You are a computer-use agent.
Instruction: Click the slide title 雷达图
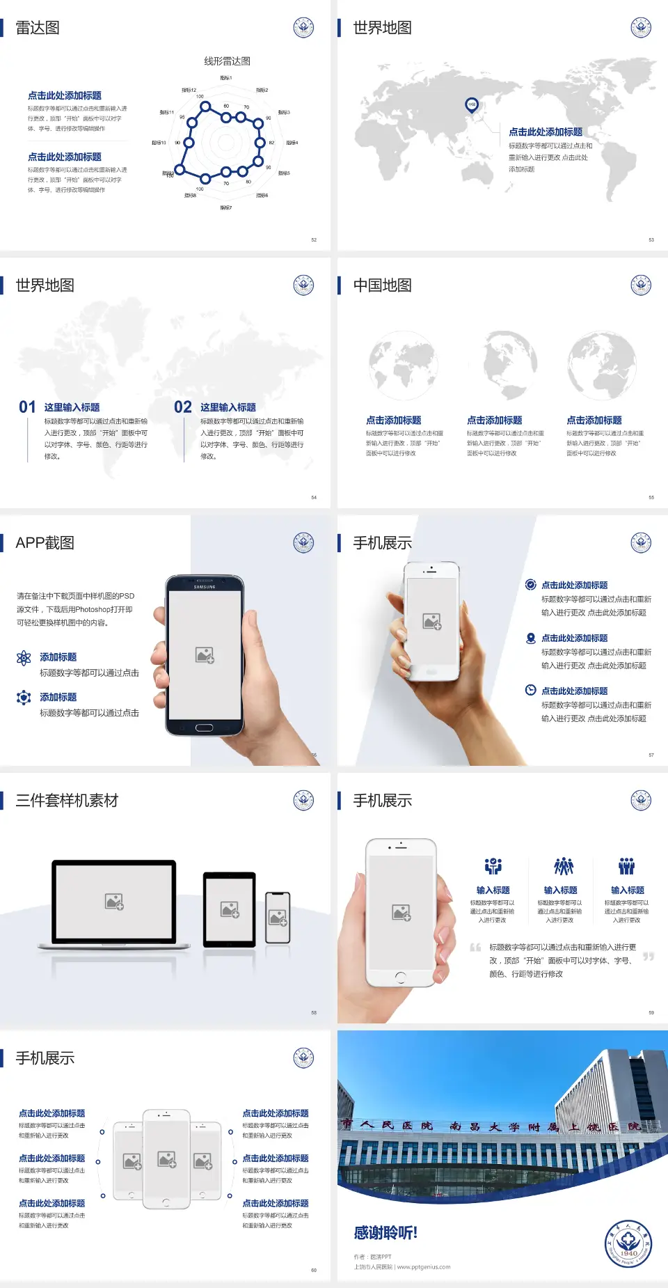[38, 28]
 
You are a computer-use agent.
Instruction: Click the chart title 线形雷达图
[227, 61]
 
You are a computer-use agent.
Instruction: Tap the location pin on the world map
[472, 105]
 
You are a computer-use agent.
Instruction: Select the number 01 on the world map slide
[27, 407]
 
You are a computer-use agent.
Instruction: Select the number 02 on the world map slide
[183, 407]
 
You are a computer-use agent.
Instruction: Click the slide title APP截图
[45, 543]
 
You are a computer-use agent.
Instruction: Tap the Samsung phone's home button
[204, 728]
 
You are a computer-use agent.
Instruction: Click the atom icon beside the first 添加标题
[24, 658]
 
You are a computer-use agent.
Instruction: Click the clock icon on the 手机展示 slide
[530, 690]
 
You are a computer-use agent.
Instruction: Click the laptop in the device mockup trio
[114, 904]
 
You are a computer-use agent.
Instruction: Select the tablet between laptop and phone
[230, 909]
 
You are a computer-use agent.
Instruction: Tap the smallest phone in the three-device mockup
[278, 918]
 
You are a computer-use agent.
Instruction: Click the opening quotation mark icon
[475, 948]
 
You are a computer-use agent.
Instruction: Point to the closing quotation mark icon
[649, 957]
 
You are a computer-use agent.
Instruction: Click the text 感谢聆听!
[385, 1233]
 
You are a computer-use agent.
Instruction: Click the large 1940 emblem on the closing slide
[628, 1243]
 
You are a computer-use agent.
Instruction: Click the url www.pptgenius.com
[424, 1267]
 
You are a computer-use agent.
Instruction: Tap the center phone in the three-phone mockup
[166, 1159]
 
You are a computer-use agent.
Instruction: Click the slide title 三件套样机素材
[67, 801]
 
